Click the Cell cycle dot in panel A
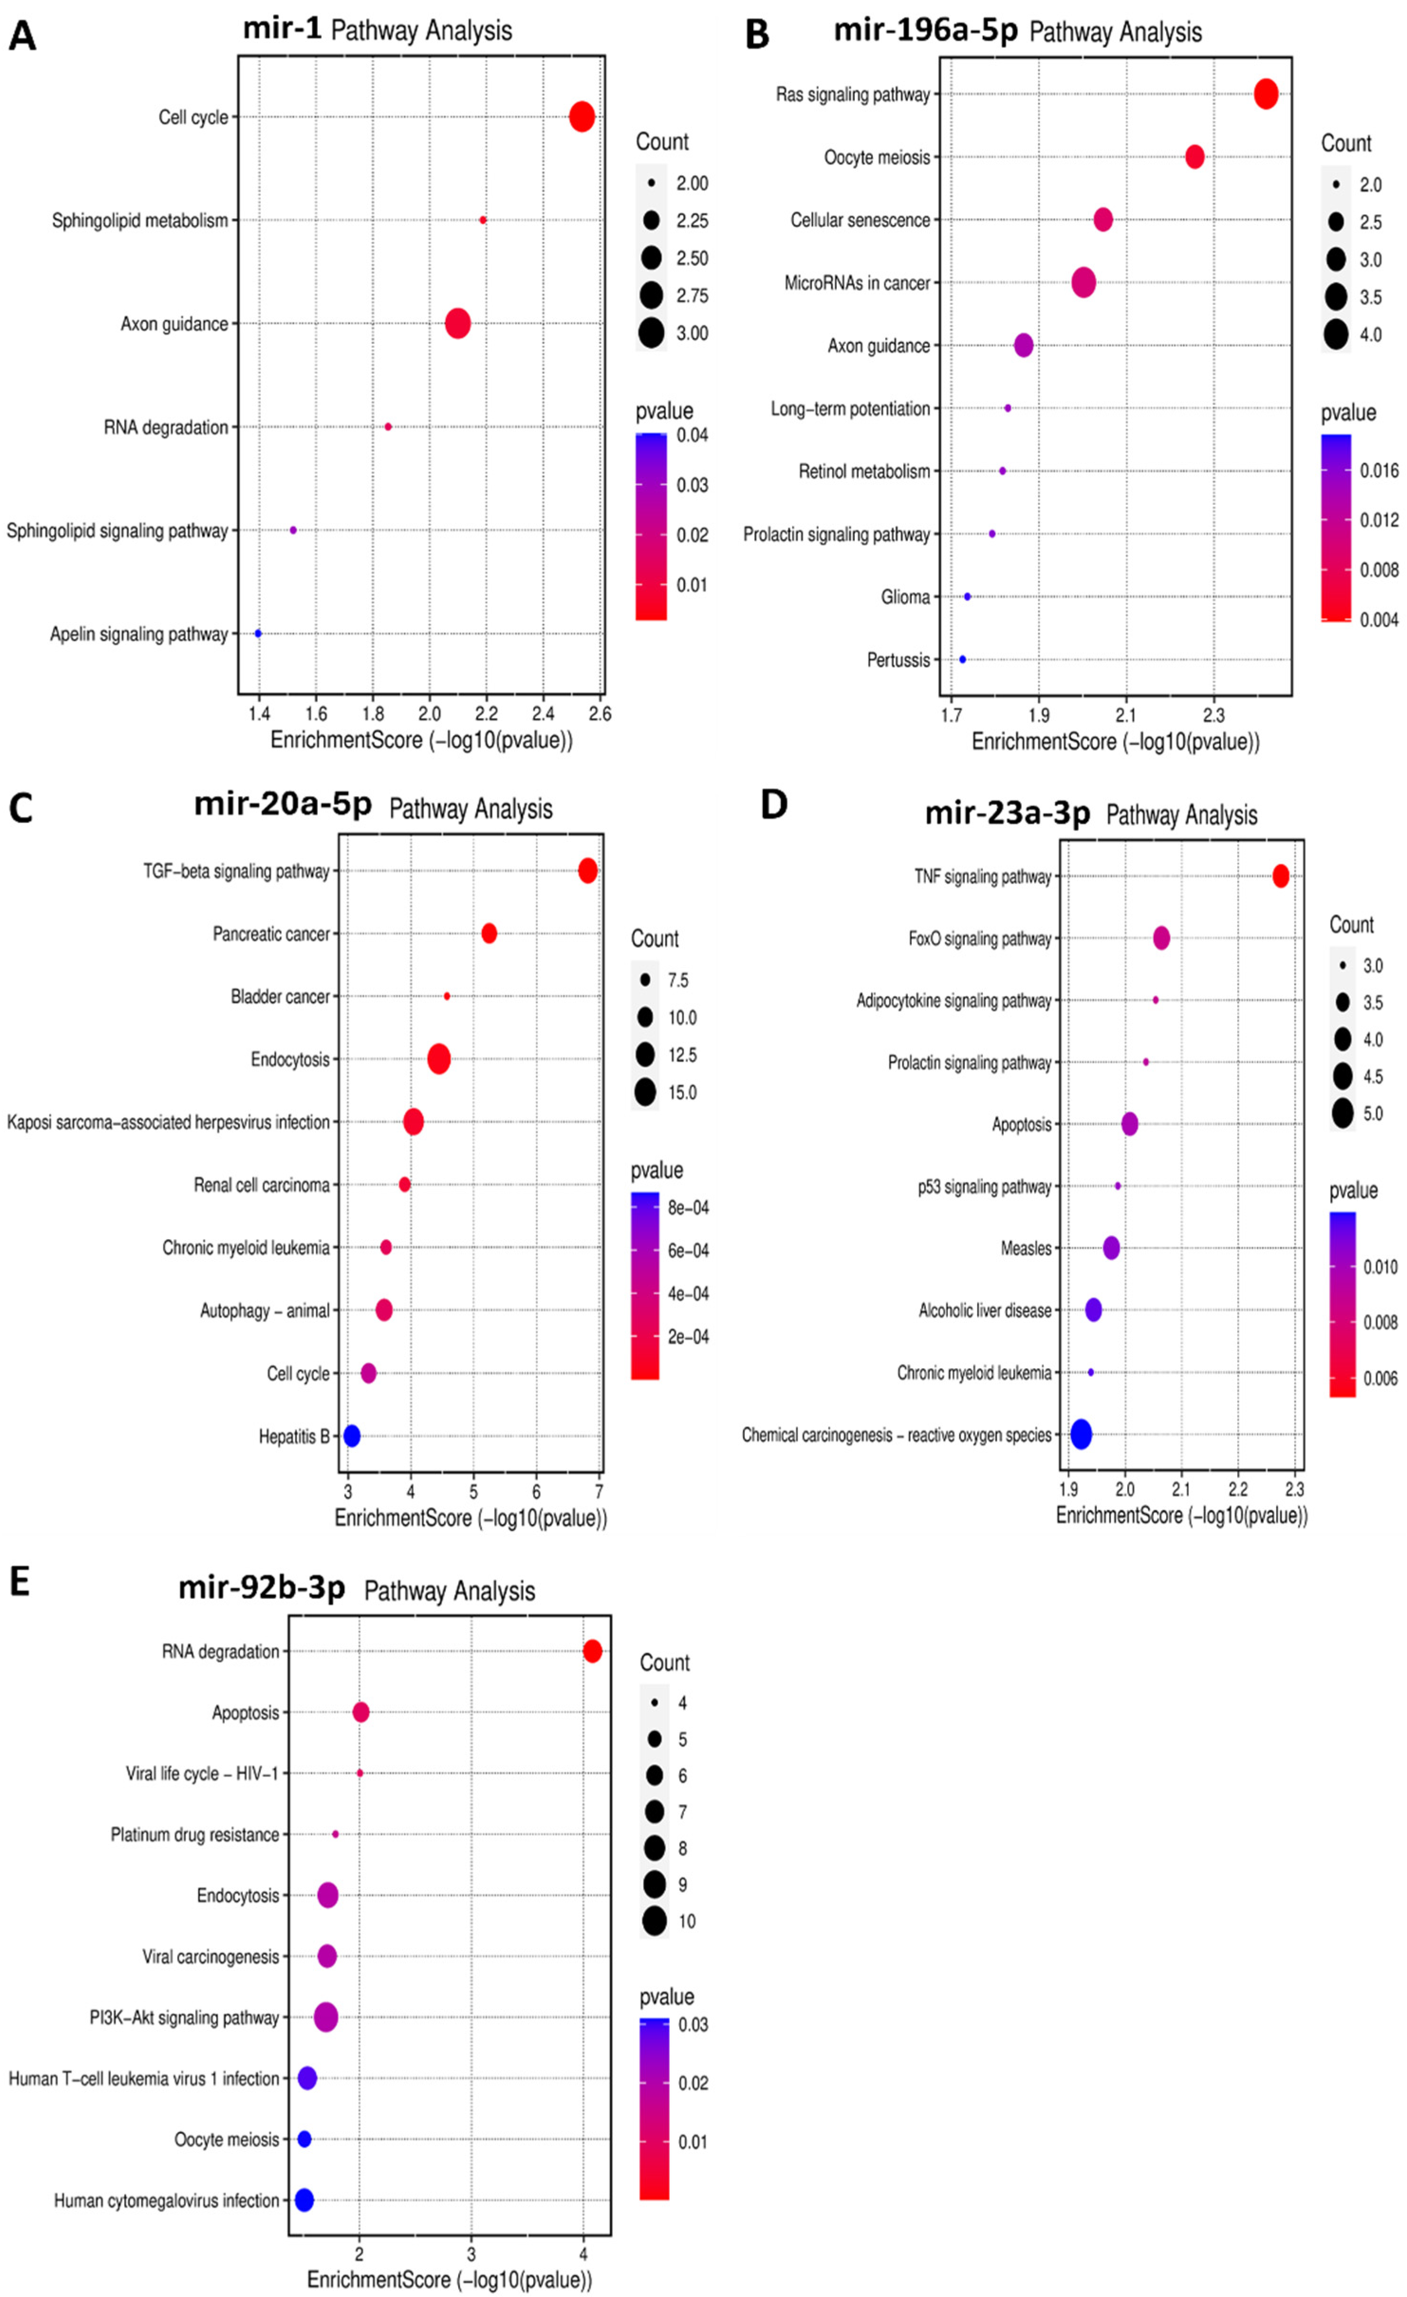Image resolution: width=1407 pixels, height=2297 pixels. (x=582, y=118)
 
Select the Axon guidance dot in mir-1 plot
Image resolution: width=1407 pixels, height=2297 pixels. (x=458, y=324)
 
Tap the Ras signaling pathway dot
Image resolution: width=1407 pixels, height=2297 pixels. (x=1265, y=94)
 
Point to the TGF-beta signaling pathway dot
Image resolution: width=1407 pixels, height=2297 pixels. (x=587, y=871)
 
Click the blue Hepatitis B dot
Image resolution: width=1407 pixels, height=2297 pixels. (x=352, y=1436)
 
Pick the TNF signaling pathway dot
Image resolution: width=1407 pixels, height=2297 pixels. (x=1280, y=876)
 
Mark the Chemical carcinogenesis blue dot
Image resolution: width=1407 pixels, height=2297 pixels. (x=1081, y=1435)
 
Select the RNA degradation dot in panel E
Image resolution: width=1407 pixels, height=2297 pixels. (x=592, y=1651)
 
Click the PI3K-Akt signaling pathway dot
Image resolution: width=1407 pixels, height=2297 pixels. (x=325, y=2017)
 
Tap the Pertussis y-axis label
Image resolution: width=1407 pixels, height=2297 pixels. (x=898, y=660)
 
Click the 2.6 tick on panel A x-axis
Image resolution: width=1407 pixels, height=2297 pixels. (x=600, y=714)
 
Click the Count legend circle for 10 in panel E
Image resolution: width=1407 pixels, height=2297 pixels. (x=655, y=1920)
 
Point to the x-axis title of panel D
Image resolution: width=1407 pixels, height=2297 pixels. (x=1180, y=1515)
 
